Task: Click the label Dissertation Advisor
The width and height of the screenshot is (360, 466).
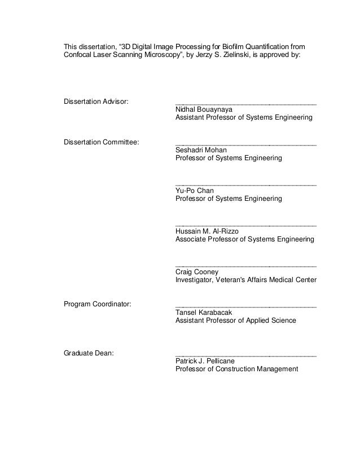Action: tap(96, 102)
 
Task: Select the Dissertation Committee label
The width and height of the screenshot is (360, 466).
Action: tap(102, 142)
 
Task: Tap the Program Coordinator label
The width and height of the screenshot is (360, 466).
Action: tap(98, 305)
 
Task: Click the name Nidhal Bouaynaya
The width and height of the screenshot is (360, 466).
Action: tap(204, 109)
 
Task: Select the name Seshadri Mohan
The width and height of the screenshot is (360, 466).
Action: tap(201, 151)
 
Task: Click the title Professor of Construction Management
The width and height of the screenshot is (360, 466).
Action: tap(236, 370)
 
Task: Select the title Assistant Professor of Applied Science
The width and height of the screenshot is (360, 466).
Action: tap(235, 321)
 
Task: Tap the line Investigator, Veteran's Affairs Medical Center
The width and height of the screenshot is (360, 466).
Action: tap(246, 280)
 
